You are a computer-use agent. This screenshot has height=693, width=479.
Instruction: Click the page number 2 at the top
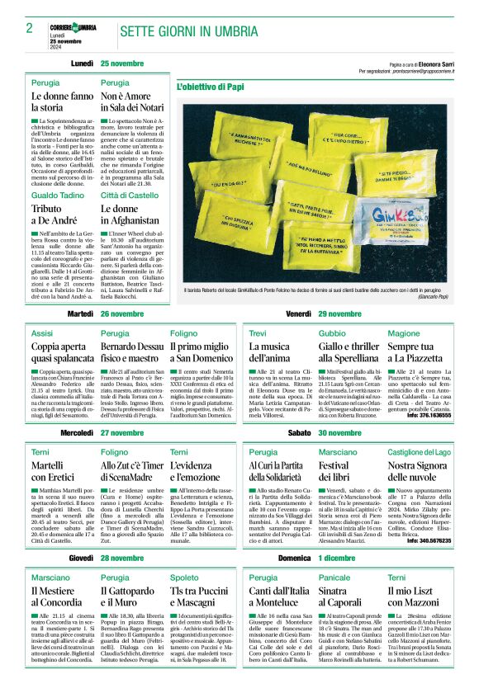(x=29, y=28)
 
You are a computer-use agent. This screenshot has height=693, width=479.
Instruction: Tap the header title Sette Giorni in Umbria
(x=187, y=31)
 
